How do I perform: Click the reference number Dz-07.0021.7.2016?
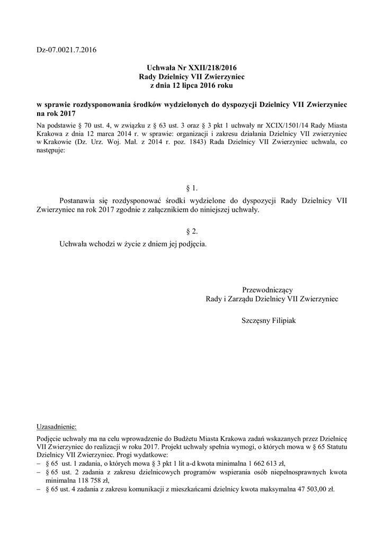click(x=67, y=50)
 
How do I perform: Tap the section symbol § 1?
click(x=192, y=188)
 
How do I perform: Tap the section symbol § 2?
click(x=192, y=231)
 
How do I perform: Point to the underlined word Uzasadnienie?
click(x=56, y=426)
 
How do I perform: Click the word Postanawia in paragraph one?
click(x=78, y=201)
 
